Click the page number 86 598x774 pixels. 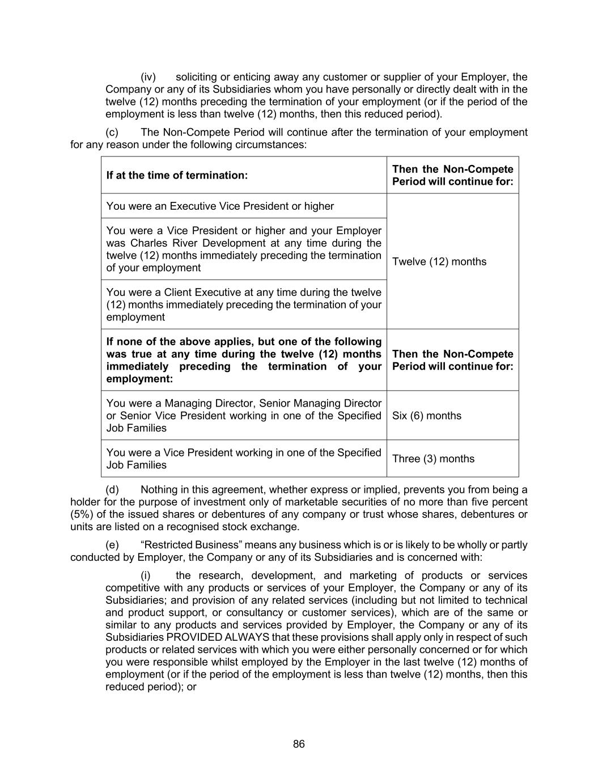click(299, 744)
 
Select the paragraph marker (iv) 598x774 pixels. click(148, 77)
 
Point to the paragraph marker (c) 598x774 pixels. click(112, 133)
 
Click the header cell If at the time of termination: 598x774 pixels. click(177, 175)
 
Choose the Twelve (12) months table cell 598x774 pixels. click(439, 261)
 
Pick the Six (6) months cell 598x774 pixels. click(427, 416)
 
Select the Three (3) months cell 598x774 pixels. click(433, 459)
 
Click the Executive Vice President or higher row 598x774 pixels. click(220, 206)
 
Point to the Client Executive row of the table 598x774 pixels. click(244, 304)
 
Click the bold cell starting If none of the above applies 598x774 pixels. click(244, 360)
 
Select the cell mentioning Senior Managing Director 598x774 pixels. click(244, 416)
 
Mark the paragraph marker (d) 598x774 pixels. click(112, 490)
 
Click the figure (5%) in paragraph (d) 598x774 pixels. click(84, 515)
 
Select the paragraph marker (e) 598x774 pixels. click(112, 545)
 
